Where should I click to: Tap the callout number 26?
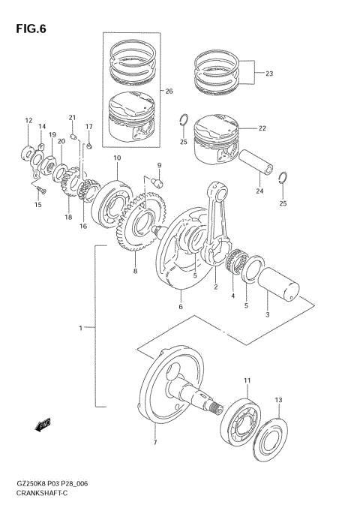[169, 92]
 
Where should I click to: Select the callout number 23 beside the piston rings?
[269, 74]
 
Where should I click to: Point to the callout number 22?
[262, 128]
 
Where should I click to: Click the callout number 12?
[28, 120]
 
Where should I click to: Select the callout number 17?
[88, 127]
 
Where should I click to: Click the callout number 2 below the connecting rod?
[216, 287]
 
